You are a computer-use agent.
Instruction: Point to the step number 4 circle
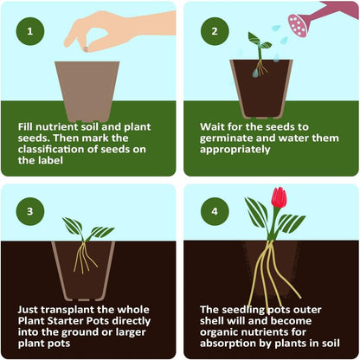(x=209, y=210)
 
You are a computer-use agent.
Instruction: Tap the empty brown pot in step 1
(x=87, y=90)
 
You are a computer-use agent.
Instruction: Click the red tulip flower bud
(x=279, y=198)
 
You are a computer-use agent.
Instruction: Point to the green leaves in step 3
(x=87, y=228)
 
